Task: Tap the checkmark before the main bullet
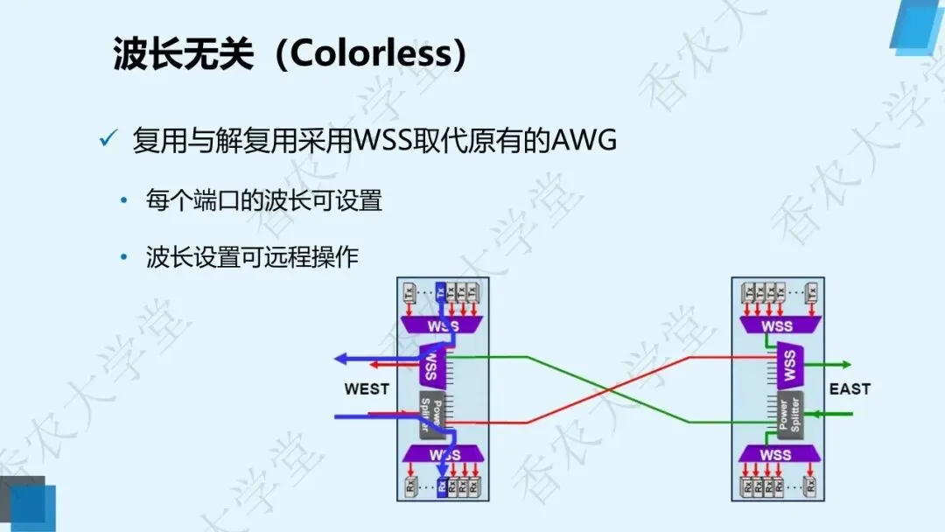[109, 139]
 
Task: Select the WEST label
[367, 388]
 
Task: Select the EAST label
[850, 388]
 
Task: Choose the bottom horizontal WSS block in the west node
[441, 454]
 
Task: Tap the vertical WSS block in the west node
[430, 367]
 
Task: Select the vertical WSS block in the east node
[790, 367]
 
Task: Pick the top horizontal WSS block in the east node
[776, 325]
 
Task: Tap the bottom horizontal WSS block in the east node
[776, 455]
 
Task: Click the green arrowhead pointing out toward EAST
[844, 364]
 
